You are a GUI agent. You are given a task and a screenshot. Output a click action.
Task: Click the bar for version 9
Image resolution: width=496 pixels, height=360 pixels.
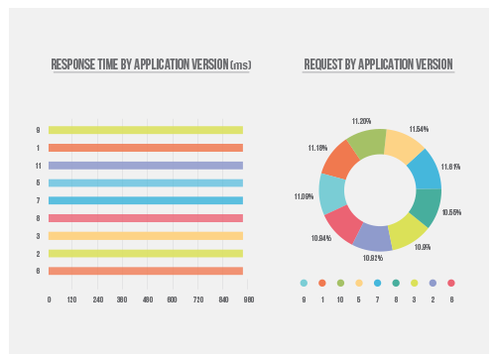146,130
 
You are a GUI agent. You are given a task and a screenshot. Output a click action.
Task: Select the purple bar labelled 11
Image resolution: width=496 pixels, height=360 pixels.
146,166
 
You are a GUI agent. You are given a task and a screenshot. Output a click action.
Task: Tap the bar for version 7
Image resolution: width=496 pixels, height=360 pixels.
146,201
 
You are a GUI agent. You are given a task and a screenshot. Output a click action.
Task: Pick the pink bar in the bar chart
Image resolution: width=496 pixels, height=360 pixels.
146,218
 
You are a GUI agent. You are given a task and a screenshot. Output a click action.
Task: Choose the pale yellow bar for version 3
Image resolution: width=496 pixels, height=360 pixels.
146,236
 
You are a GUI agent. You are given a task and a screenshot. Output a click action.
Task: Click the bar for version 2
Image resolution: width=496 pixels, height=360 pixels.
146,253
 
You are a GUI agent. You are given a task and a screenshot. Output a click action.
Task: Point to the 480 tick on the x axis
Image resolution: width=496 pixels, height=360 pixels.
146,299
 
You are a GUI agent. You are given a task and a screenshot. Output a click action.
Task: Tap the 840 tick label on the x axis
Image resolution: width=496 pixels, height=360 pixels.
224,299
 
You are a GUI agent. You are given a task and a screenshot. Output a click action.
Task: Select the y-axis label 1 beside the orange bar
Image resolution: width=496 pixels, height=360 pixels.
38,148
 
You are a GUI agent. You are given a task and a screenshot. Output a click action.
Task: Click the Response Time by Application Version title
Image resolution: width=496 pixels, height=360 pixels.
151,65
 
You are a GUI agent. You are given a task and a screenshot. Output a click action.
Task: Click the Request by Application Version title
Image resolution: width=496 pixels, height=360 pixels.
378,65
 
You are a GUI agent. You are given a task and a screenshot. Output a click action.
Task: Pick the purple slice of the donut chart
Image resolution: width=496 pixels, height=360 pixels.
373,236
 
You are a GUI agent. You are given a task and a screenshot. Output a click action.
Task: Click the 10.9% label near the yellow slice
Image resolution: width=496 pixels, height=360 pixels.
421,246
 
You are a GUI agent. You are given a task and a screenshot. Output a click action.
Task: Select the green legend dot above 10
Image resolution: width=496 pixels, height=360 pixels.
340,283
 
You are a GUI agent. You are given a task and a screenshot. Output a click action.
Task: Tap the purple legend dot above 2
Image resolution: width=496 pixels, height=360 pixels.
433,283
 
